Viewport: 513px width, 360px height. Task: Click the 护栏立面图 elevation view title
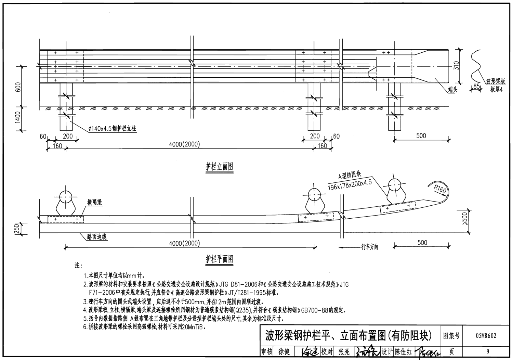[x=219, y=167]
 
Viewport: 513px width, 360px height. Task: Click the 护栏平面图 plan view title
[x=219, y=259]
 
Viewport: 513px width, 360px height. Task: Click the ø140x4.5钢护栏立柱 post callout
[x=109, y=129]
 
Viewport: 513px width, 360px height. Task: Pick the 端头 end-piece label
[x=453, y=90]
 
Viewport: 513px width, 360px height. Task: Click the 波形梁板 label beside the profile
[x=495, y=82]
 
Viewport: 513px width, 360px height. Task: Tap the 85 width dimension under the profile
[x=476, y=86]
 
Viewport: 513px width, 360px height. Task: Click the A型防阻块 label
[x=350, y=176]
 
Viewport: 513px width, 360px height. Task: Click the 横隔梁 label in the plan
[x=94, y=203]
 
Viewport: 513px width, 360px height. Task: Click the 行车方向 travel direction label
[x=369, y=247]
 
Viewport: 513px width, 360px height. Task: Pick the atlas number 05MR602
[x=485, y=336]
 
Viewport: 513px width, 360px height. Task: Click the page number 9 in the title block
[x=487, y=351]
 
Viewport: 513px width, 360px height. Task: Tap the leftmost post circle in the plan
[x=65, y=197]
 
